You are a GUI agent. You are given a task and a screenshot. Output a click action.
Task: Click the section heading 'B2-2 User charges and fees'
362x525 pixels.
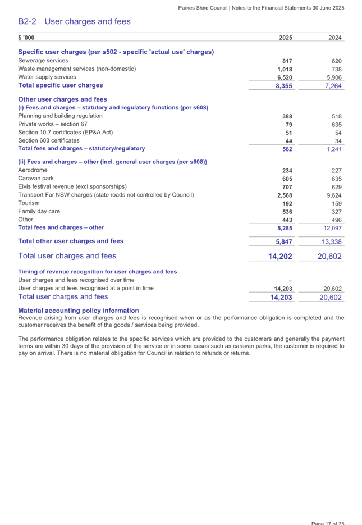pyautogui.click(x=74, y=22)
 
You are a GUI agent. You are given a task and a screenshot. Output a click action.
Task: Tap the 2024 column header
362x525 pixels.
pyautogui.click(x=335, y=38)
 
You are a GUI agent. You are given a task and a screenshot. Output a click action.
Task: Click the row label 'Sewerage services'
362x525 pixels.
pyautogui.click(x=43, y=61)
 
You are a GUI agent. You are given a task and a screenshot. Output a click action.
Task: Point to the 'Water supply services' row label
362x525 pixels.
pyautogui.click(x=47, y=77)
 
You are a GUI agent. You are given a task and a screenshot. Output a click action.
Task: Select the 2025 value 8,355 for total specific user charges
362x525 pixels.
pyautogui.click(x=284, y=86)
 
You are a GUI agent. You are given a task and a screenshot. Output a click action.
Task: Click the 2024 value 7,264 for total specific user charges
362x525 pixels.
pyautogui.click(x=333, y=86)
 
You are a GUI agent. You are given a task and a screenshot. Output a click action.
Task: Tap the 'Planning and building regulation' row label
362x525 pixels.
pyautogui.click(x=60, y=116)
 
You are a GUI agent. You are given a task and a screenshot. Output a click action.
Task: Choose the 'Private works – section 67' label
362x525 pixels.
pyautogui.click(x=53, y=124)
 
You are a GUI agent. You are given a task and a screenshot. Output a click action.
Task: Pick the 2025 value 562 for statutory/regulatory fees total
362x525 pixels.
pyautogui.click(x=287, y=149)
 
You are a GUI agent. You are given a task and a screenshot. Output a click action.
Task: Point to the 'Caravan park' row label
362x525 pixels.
pyautogui.click(x=36, y=178)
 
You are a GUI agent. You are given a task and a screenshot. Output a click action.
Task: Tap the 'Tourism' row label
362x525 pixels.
pyautogui.click(x=29, y=203)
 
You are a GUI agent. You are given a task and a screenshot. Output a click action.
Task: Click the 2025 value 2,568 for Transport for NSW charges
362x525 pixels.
pyautogui.click(x=285, y=195)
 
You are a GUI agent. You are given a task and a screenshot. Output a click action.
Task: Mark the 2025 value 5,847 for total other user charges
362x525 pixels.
pyautogui.click(x=284, y=241)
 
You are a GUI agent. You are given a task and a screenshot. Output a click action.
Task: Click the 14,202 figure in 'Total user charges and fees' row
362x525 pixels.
pyautogui.click(x=281, y=256)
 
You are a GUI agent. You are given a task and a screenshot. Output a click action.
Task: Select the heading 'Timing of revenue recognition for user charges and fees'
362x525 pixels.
pyautogui.click(x=97, y=272)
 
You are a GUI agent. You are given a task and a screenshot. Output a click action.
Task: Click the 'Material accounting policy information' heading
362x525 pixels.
pyautogui.click(x=78, y=311)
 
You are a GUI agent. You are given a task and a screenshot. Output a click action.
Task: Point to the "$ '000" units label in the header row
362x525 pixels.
pyautogui.click(x=26, y=38)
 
